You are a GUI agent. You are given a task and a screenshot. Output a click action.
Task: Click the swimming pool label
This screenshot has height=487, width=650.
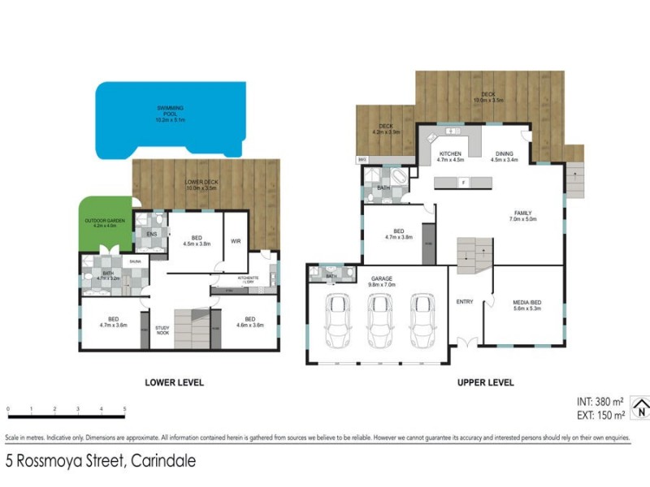click(x=171, y=114)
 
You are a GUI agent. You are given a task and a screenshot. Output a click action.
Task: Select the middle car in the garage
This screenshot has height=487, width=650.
click(x=379, y=321)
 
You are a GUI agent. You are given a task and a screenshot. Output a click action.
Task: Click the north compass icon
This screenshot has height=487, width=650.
click(x=640, y=407)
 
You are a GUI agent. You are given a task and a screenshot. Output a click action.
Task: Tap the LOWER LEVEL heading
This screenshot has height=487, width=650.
click(x=174, y=382)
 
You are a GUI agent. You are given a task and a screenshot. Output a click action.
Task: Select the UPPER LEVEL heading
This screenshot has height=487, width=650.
click(x=486, y=382)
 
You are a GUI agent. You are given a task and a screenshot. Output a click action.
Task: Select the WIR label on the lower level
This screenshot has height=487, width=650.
click(x=236, y=241)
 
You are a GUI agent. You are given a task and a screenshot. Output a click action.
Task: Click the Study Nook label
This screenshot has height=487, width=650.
click(x=163, y=330)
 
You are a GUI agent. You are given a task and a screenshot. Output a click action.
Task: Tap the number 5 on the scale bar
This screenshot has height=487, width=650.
click(x=124, y=409)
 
